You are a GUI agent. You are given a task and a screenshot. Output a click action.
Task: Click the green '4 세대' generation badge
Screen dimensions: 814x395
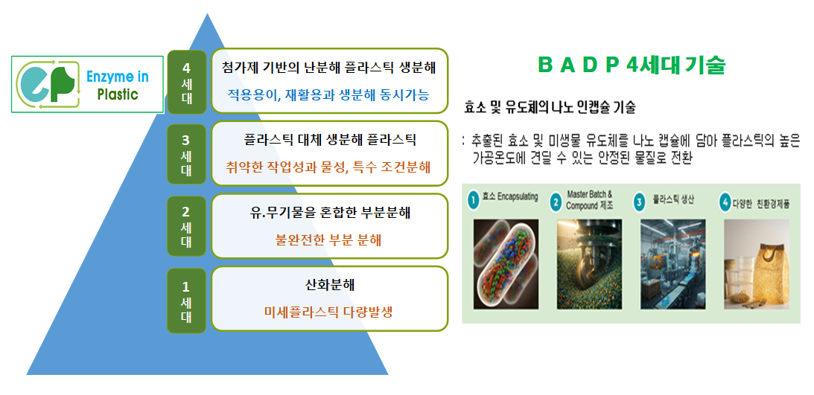[x=186, y=81]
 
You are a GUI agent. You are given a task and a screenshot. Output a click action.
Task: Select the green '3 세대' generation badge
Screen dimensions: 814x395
[x=186, y=154]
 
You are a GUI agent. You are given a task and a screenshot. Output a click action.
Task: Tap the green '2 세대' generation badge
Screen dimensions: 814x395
[x=186, y=225]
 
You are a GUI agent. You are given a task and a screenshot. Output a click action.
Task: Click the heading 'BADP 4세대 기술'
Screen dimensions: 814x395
[x=631, y=65]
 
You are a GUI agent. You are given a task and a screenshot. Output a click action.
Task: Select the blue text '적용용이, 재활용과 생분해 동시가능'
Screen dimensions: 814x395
[x=328, y=94]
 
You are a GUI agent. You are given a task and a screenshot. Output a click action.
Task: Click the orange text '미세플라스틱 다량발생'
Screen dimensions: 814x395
[x=328, y=312]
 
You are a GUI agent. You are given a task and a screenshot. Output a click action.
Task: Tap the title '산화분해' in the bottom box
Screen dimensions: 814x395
[x=330, y=285]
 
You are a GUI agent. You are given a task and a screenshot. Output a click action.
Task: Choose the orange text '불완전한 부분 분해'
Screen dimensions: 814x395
[x=328, y=240]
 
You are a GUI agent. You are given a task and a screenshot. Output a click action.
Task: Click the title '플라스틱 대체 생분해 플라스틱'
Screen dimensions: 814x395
[x=330, y=139]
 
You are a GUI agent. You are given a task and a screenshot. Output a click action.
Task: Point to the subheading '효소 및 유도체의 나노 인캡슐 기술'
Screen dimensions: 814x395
[x=550, y=108]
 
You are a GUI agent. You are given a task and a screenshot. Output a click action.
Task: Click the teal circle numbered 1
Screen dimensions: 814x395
[x=472, y=201]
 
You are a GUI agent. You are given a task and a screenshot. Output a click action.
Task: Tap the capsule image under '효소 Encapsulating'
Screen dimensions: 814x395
[x=506, y=264]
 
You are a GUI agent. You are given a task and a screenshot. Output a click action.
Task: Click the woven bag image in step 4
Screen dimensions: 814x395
[x=757, y=264]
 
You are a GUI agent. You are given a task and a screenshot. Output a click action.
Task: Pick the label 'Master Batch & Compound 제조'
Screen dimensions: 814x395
[x=590, y=199]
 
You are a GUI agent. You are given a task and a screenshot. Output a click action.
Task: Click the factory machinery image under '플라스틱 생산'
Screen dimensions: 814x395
[x=672, y=264]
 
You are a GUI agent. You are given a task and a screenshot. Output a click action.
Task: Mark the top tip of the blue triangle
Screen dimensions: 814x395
[x=207, y=13]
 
